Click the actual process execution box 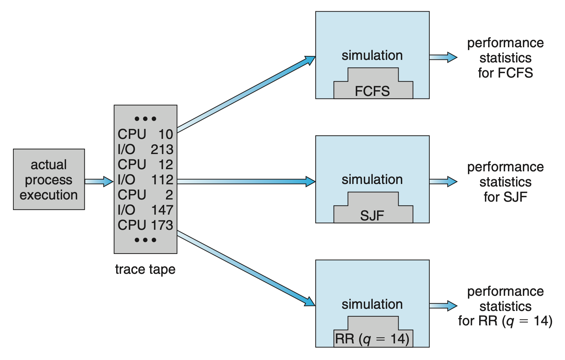[x=49, y=179]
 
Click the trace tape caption [x=145, y=269]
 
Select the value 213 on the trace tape [x=162, y=149]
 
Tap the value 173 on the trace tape [x=162, y=225]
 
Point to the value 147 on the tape [x=162, y=210]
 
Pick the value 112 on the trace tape [x=162, y=180]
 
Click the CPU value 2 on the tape [x=169, y=195]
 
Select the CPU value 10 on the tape [x=166, y=134]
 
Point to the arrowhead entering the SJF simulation [x=310, y=181]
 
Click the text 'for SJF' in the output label [x=505, y=197]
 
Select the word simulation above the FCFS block [x=372, y=55]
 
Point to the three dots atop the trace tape [x=145, y=119]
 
